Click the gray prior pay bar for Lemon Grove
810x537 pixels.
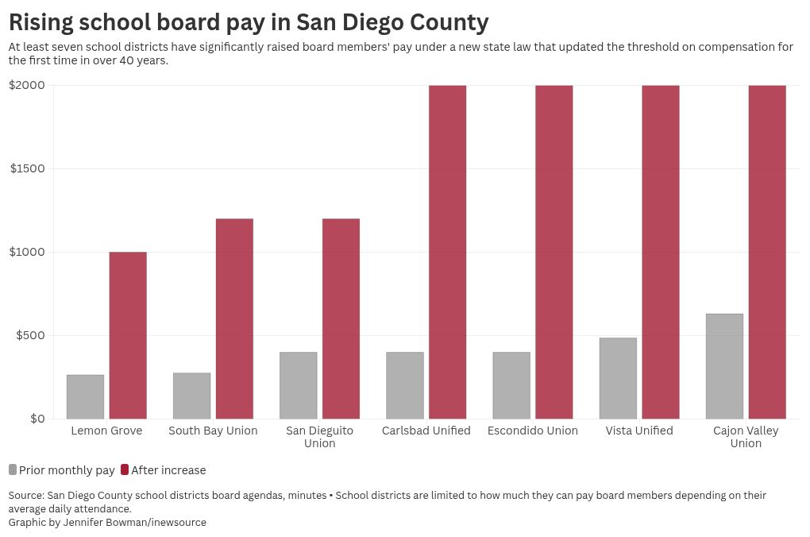coord(85,396)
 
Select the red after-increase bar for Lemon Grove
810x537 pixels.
coord(128,335)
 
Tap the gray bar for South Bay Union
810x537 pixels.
coord(191,396)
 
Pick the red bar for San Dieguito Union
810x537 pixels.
coord(341,319)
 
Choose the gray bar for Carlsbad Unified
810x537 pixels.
coord(405,385)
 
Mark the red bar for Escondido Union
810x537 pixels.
coord(553,252)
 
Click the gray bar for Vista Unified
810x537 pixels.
coord(618,378)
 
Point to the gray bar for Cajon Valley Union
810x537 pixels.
coord(724,366)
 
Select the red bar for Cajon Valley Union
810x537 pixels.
coord(767,252)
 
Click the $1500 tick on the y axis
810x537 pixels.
coord(27,168)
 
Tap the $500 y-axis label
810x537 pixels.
coord(30,335)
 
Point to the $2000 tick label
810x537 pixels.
coord(27,85)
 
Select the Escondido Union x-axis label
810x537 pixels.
coord(533,431)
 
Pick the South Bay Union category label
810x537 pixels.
coord(213,431)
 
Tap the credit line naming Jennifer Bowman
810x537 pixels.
coord(107,522)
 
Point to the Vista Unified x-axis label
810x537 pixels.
coord(639,431)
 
